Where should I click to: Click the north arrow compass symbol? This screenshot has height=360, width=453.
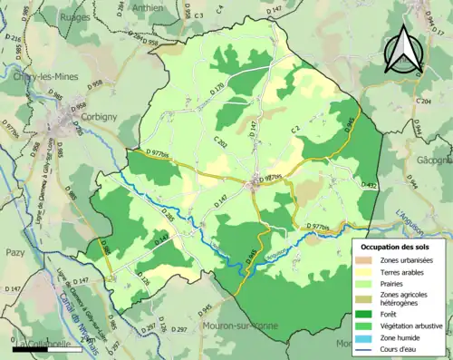[405, 50]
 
